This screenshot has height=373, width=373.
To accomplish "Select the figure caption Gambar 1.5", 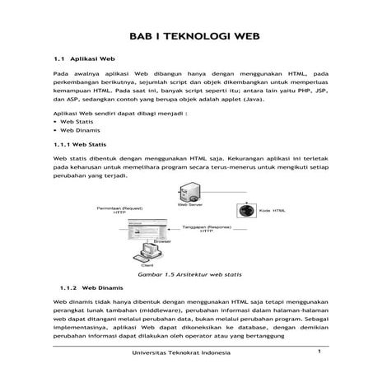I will (x=189, y=274).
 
